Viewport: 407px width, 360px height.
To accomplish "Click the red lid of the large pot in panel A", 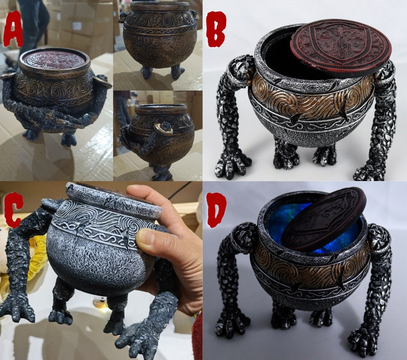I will point(54,59).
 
